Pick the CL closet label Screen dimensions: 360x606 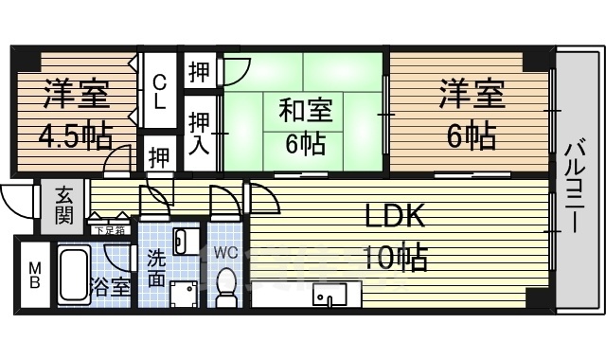coord(161,91)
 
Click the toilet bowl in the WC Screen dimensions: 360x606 coord(227,285)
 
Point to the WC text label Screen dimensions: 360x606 coord(226,253)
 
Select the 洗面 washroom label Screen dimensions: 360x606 coord(157,267)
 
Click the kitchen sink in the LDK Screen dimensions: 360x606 coord(331,299)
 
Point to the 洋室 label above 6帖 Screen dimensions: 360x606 coord(471,97)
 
